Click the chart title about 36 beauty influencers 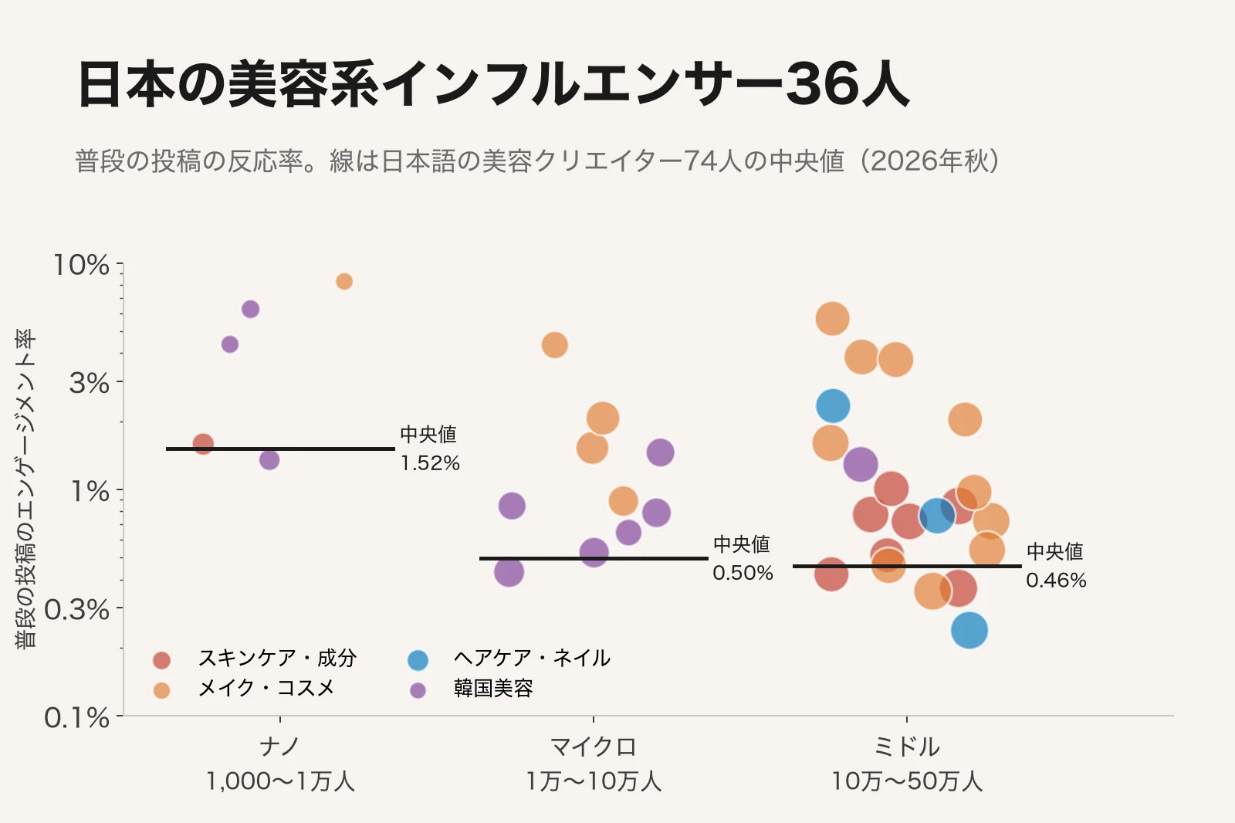493,84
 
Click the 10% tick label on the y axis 82,265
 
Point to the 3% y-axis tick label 90,382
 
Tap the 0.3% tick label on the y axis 77,609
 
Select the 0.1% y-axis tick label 77,718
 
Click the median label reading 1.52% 429,462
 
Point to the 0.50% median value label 743,573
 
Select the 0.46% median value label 1056,581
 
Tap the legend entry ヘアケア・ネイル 509,659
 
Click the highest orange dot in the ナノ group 344,281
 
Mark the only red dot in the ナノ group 204,443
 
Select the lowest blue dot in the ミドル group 969,630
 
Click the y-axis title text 25,489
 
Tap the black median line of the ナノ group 280,449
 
